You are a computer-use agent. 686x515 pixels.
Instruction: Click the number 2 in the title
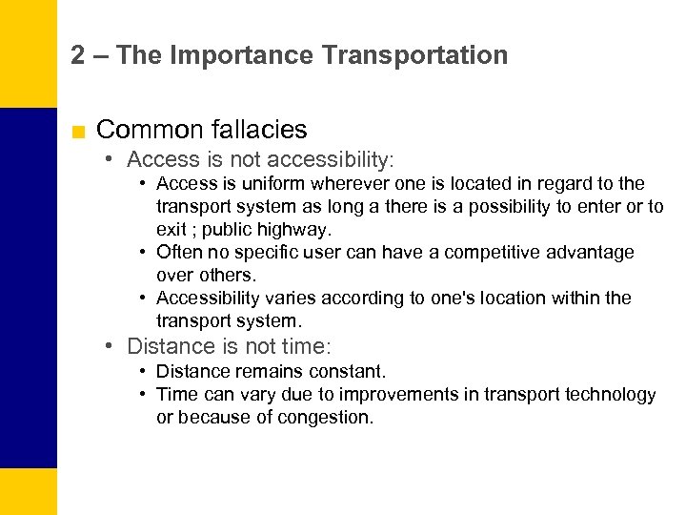coord(78,55)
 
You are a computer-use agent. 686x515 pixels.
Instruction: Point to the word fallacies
coord(261,130)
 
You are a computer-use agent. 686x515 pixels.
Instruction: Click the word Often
coord(177,252)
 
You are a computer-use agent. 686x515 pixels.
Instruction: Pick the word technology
coord(608,394)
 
